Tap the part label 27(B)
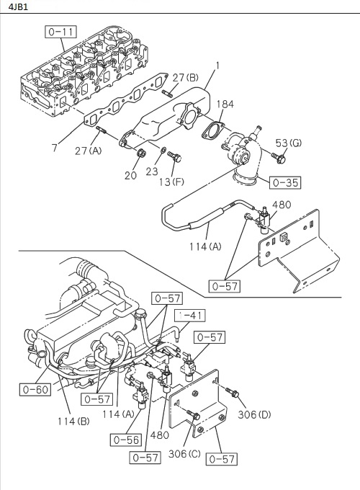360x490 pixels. [185, 78]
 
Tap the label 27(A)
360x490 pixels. [88, 150]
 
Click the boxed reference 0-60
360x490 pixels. [34, 390]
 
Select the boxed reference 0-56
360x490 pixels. [126, 437]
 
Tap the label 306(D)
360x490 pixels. [254, 414]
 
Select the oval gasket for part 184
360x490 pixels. [212, 131]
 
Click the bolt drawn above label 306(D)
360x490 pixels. [232, 393]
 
